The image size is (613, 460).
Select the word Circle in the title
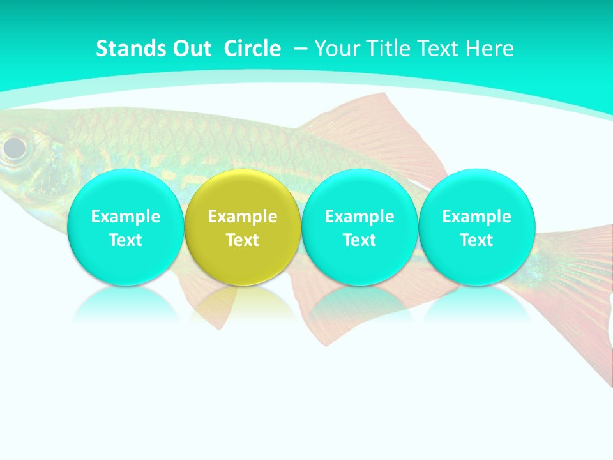252,49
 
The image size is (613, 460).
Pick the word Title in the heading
388,49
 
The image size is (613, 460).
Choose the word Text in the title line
440,49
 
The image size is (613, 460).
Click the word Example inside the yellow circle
243,217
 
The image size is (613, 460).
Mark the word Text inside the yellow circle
243,240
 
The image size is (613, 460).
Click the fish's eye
14,148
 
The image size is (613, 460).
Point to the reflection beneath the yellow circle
243,303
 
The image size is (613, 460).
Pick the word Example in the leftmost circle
125,217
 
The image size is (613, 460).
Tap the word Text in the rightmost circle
476,240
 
